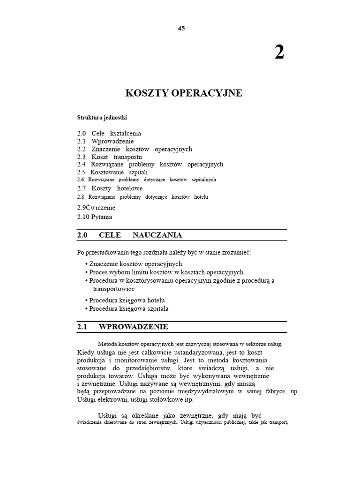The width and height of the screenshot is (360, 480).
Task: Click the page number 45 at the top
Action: [181, 28]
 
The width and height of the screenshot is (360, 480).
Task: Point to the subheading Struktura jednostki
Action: [102, 117]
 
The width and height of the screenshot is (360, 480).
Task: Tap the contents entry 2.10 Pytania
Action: [95, 217]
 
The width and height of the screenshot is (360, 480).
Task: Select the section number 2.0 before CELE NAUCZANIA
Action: [82, 235]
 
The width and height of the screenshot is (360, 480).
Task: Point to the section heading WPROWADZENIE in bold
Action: [134, 327]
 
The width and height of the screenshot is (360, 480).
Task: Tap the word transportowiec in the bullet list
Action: [113, 289]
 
